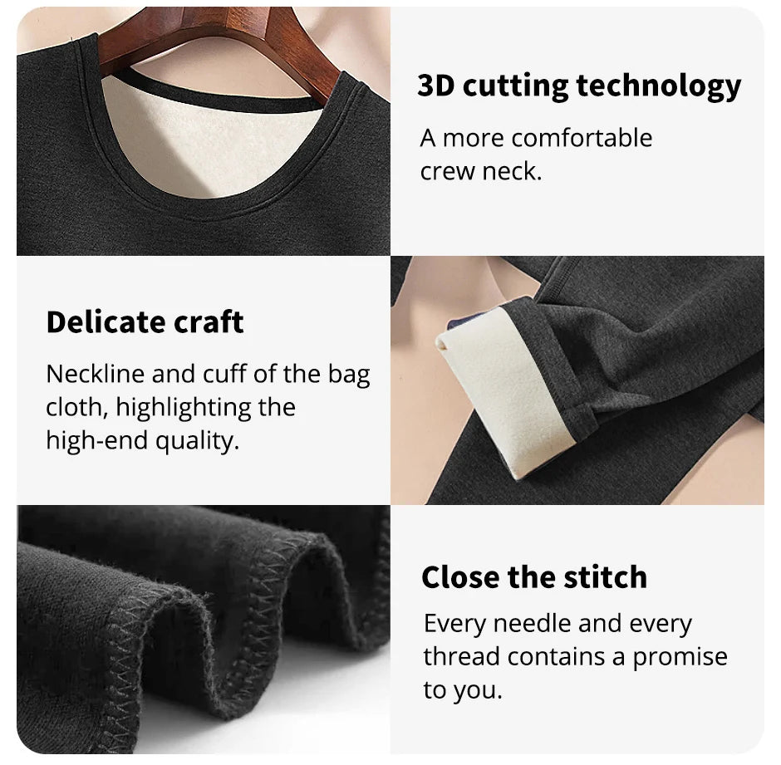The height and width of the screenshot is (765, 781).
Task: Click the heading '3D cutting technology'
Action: click(x=579, y=86)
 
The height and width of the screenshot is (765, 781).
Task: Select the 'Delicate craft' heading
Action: click(x=145, y=321)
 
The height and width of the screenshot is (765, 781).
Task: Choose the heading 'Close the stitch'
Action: click(x=533, y=576)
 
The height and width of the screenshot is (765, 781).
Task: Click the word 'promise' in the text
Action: click(x=680, y=656)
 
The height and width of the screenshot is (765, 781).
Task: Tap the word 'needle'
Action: click(x=535, y=623)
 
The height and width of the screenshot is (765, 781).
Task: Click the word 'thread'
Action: click(x=462, y=656)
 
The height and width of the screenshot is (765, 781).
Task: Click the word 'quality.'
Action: click(x=197, y=440)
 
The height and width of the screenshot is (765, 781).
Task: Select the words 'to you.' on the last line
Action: click(x=463, y=690)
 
